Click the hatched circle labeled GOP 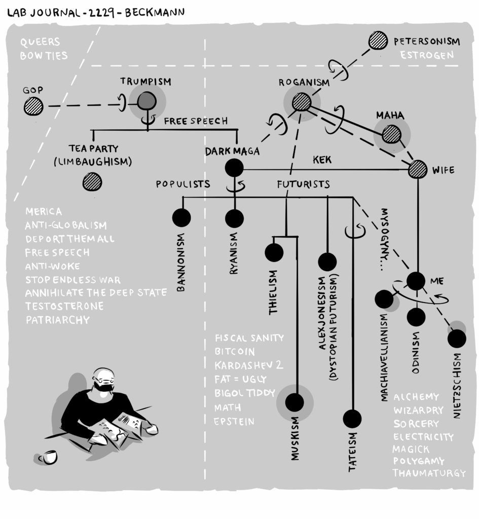tap(34, 106)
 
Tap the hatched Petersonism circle tap(378, 41)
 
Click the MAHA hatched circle tap(391, 134)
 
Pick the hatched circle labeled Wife tap(418, 169)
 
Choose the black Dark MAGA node tap(234, 168)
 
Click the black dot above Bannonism tap(181, 217)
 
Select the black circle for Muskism tap(295, 402)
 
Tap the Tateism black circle tap(352, 419)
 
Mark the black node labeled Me tap(416, 281)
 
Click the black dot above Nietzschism tap(457, 339)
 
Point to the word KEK tap(322, 160)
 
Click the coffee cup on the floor tap(48, 457)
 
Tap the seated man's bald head tap(103, 375)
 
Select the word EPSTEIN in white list tap(234, 422)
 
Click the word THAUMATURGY tap(429, 473)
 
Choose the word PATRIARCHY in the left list tap(57, 320)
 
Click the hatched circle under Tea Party tap(92, 181)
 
